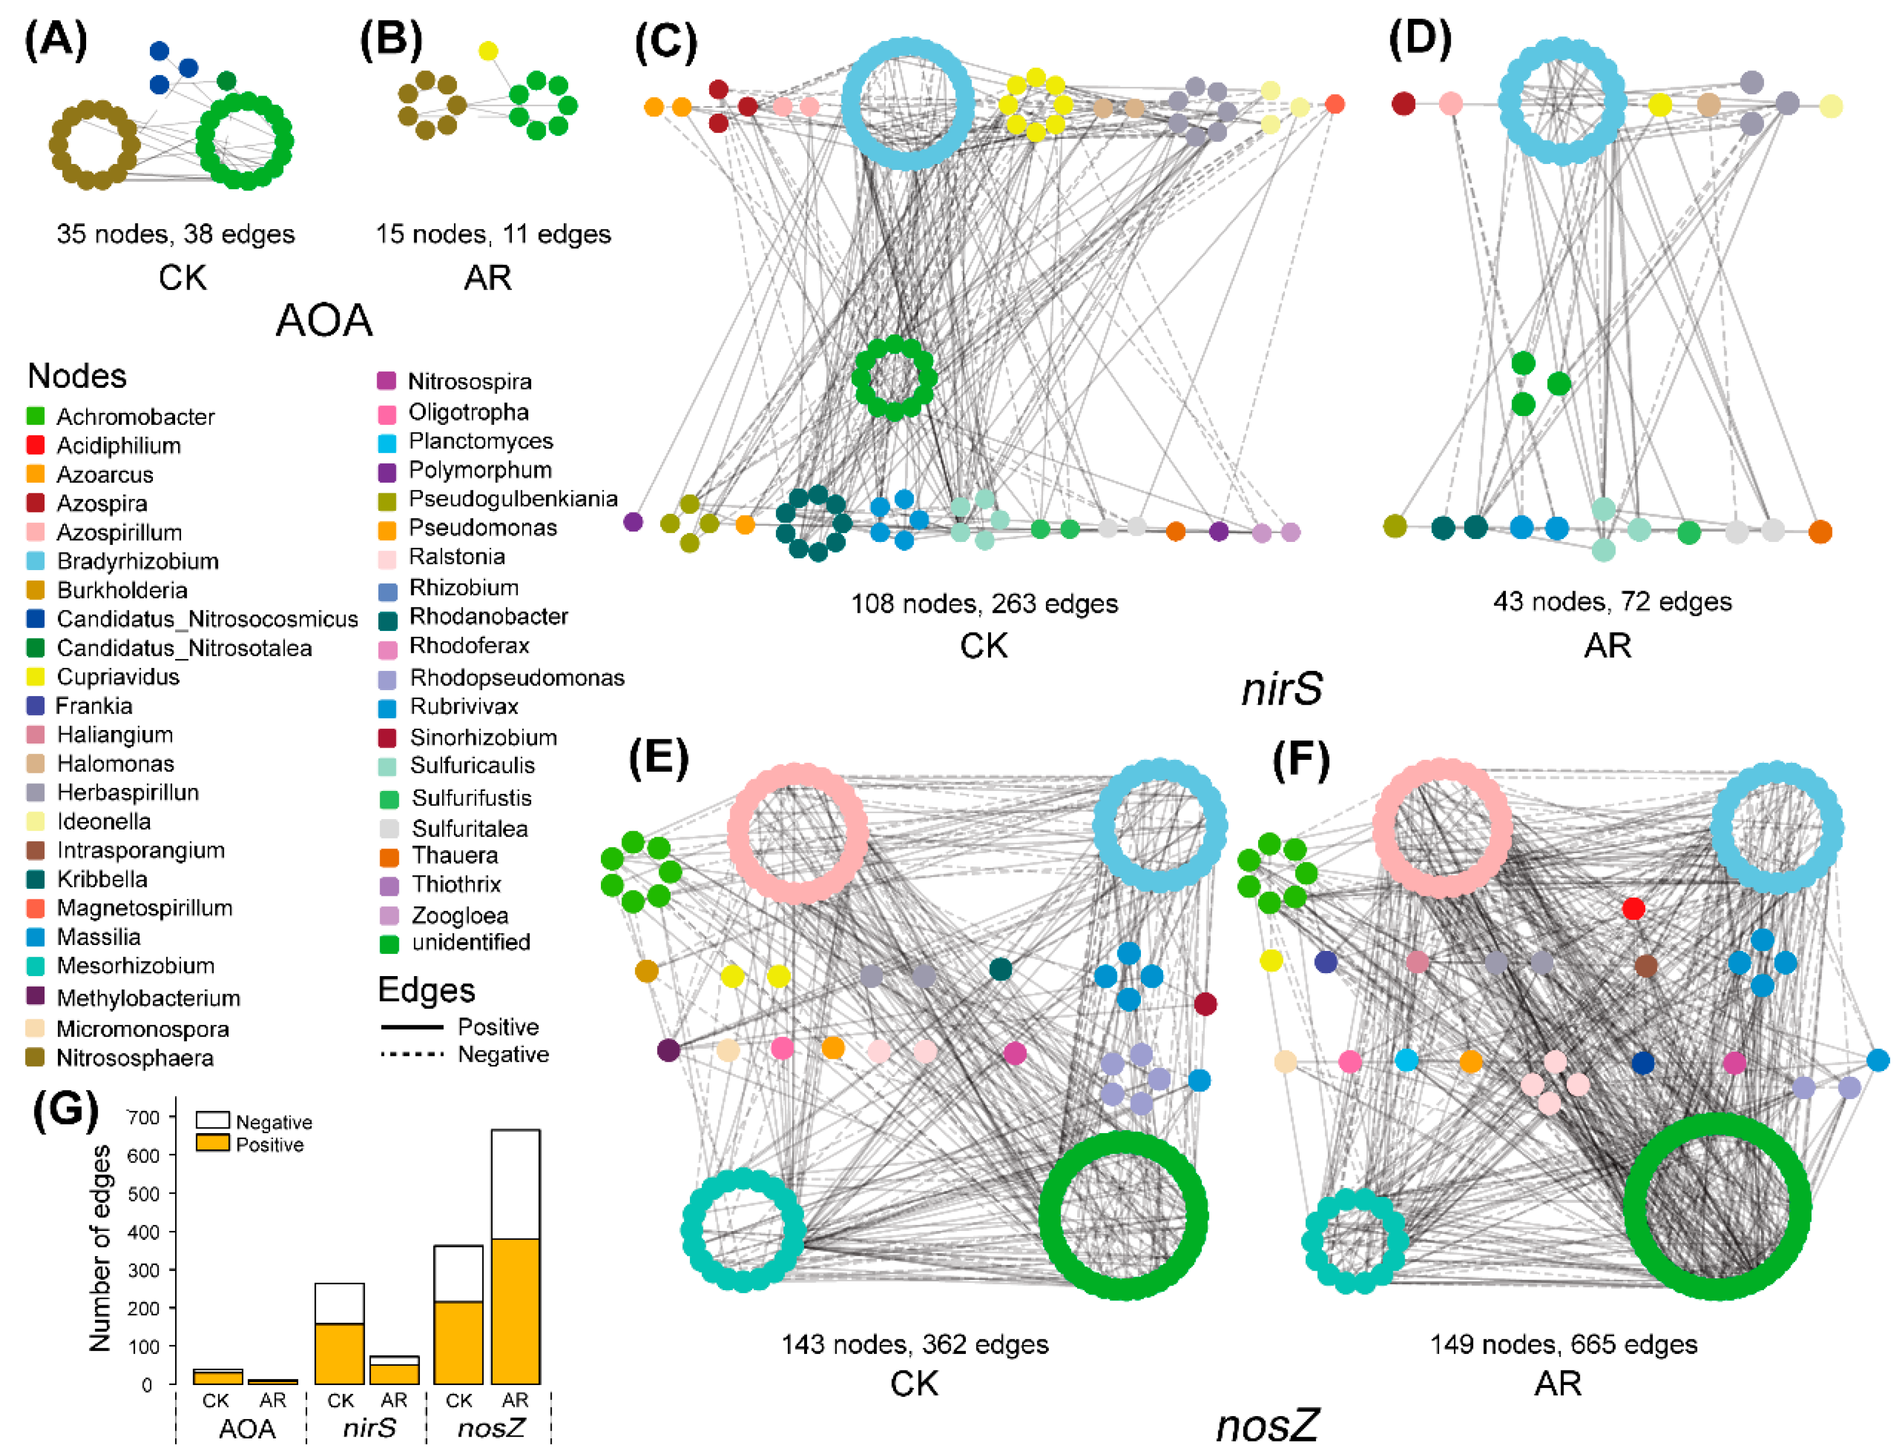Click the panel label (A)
[x=55, y=40]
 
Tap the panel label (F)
[x=1300, y=759]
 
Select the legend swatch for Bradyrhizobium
[x=36, y=561]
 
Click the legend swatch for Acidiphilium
[x=36, y=445]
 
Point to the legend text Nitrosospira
[x=469, y=381]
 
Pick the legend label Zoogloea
[x=460, y=915]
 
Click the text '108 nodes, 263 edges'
[x=984, y=603]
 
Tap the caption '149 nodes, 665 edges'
[x=1563, y=1344]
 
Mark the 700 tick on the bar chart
[x=143, y=1117]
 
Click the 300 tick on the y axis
[x=143, y=1271]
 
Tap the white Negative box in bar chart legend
[x=213, y=1121]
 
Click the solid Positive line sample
[x=412, y=1026]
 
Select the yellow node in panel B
[x=487, y=51]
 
